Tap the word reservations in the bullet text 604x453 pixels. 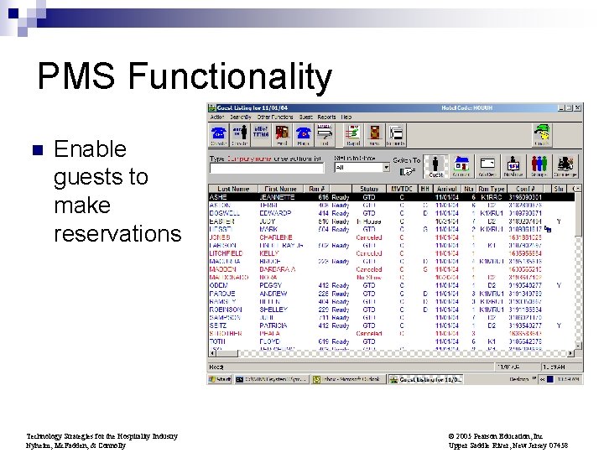117,233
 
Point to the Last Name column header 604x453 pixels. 233,190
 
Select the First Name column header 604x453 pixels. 280,190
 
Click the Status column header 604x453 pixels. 368,190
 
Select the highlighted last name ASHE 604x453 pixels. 220,197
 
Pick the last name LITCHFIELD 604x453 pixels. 227,253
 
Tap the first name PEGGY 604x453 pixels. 270,285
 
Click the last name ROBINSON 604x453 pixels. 225,310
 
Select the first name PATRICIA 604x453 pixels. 274,325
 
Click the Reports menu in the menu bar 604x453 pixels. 326,117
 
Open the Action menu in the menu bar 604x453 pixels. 216,117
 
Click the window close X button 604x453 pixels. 578,107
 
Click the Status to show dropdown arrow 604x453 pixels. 386,167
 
